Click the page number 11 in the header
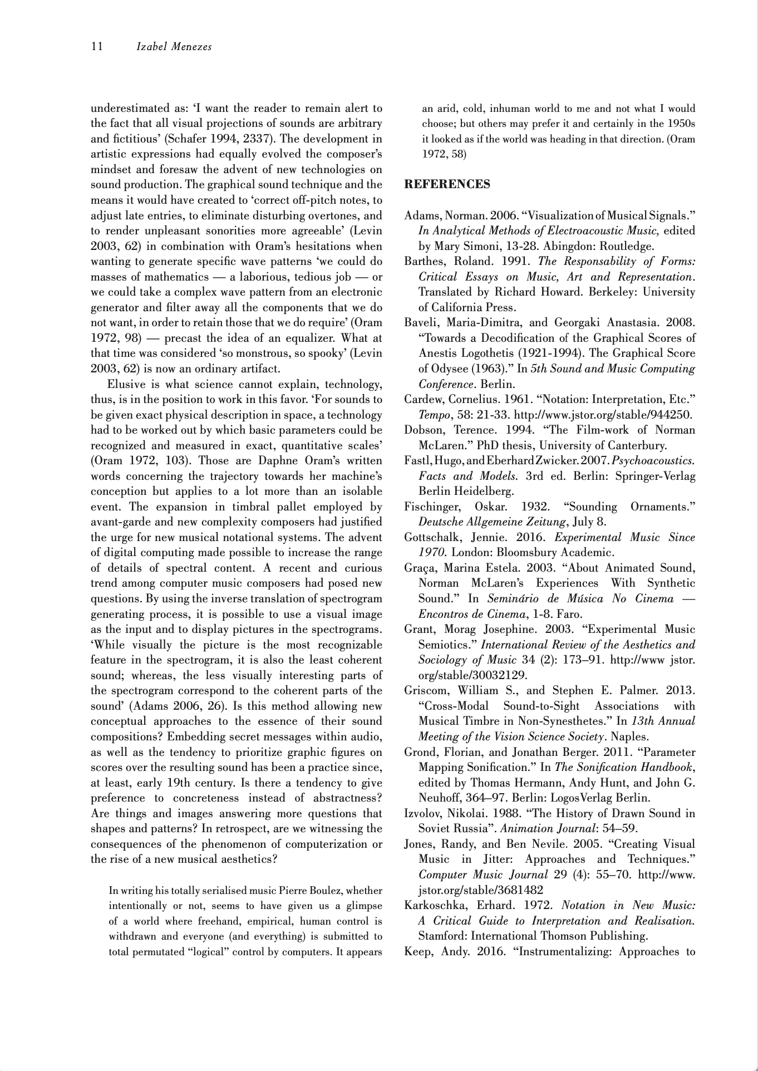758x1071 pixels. click(97, 47)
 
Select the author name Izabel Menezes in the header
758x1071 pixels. click(174, 47)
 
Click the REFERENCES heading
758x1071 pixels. click(447, 184)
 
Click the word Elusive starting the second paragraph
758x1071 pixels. click(126, 385)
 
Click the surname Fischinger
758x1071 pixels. click(432, 507)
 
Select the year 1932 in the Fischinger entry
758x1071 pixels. click(534, 507)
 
